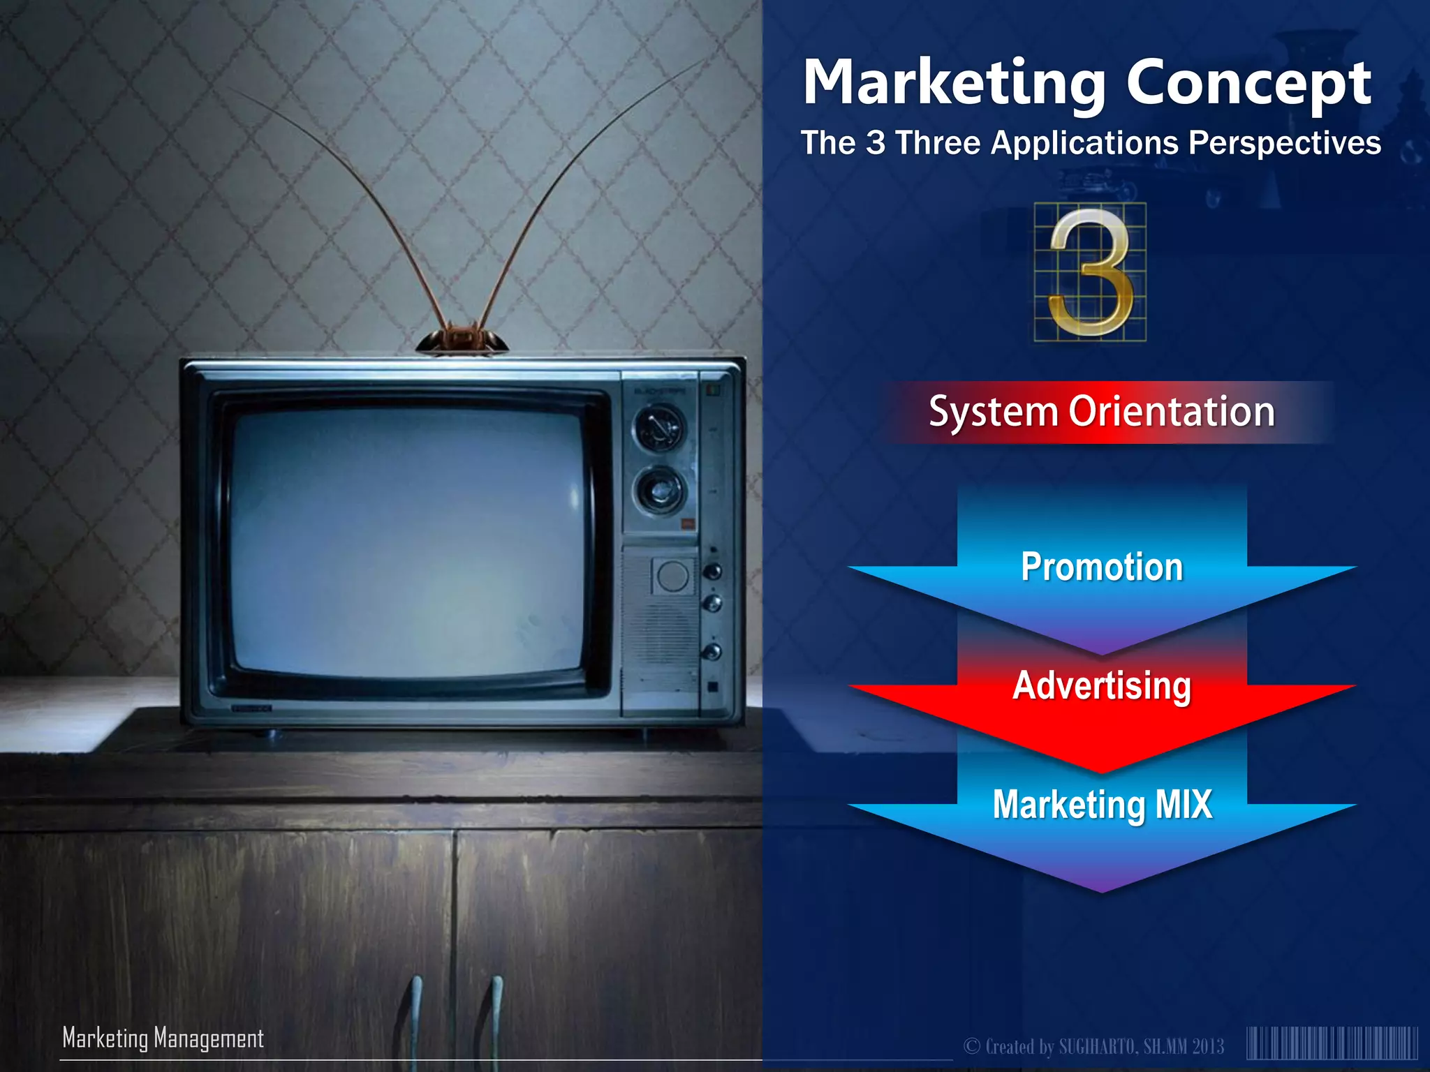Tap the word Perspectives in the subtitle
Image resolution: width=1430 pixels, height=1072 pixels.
pos(1284,143)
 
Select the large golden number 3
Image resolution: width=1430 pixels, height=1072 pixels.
pos(1090,272)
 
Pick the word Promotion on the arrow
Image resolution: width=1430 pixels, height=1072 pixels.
pos(1102,567)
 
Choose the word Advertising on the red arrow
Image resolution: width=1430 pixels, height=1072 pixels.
pos(1102,685)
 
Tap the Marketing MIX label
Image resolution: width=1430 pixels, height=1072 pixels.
pos(1102,804)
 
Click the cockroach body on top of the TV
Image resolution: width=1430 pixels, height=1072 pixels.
pos(462,339)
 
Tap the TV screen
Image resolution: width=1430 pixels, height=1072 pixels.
pos(408,541)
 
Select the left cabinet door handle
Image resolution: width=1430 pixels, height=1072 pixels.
pos(416,1012)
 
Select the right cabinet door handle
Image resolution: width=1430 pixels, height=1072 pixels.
pos(496,1012)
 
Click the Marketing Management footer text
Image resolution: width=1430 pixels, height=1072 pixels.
pos(163,1038)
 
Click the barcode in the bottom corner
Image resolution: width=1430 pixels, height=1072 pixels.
pos(1332,1044)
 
